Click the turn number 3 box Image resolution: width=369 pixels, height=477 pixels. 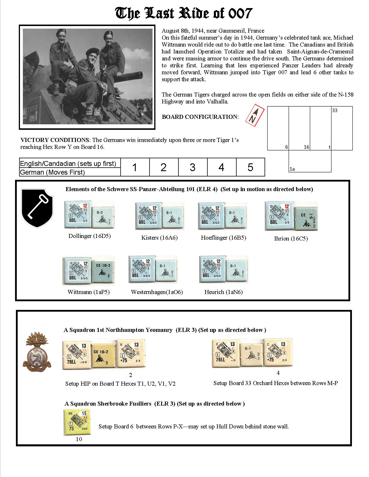pos(193,167)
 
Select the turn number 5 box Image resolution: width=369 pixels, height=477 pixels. pos(250,167)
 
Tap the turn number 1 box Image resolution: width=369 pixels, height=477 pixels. pos(135,167)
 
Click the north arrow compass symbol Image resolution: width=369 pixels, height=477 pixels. pos(255,115)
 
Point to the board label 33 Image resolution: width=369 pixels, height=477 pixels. pos(335,110)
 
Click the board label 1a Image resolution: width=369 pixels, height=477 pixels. pos(292,169)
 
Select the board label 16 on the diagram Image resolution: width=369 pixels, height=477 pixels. pos(306,147)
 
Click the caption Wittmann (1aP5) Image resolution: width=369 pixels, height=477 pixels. pos(89,292)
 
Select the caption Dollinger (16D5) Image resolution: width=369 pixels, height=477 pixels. pos(89,236)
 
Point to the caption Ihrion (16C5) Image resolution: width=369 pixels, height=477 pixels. pos(291,238)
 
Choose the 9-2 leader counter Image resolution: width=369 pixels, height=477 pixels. pos(103,214)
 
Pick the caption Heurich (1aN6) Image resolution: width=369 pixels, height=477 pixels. pos(223,292)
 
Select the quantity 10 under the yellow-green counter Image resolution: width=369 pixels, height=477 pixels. pos(79,439)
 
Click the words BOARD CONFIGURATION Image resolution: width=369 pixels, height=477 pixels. pos(200,117)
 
